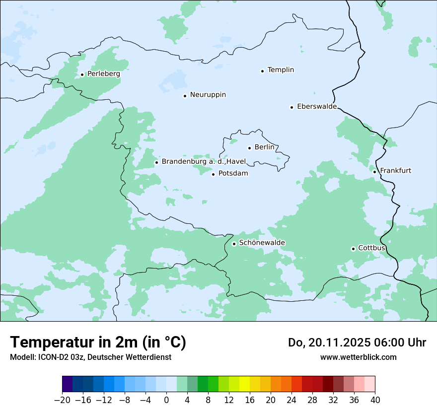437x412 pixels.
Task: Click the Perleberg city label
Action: pos(103,74)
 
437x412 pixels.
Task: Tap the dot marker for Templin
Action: pos(262,71)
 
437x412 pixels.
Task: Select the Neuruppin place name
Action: pos(208,95)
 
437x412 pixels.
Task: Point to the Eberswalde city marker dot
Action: pos(291,107)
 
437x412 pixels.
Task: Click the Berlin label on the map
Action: pos(264,147)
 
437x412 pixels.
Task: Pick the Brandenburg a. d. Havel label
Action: pos(204,162)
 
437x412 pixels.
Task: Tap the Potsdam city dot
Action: pos(213,174)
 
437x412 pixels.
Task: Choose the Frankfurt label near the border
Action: pos(395,171)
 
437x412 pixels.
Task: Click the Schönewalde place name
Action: pos(262,243)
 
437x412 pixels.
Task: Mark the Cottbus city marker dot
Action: pos(353,249)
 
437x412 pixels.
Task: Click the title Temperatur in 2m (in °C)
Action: pos(98,343)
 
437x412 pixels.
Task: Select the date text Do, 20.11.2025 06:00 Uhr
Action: pos(357,343)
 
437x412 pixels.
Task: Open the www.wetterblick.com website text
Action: pos(358,357)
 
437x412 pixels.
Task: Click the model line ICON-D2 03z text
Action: pos(90,357)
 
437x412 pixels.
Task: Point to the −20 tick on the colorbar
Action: pos(63,400)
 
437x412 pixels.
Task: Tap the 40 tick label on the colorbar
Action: pos(375,400)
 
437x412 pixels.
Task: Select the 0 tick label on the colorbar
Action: pos(166,400)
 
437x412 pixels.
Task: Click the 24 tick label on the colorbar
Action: pos(291,400)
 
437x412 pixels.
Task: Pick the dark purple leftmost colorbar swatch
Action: pos(68,384)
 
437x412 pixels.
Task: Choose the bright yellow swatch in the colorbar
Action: pos(244,384)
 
